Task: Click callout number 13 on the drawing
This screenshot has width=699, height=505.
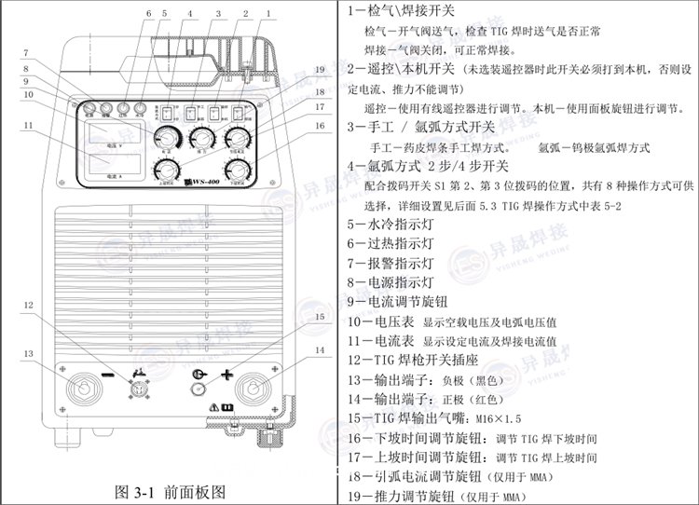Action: [x=29, y=354]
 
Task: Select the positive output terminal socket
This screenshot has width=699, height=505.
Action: [x=252, y=386]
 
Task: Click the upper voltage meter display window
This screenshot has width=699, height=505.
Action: [x=114, y=140]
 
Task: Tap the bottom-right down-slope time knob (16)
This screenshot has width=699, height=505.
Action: [x=241, y=169]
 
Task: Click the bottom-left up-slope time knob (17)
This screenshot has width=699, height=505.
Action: [x=168, y=169]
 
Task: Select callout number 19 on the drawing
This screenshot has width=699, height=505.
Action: [x=319, y=70]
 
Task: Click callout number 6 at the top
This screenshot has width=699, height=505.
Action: [x=147, y=14]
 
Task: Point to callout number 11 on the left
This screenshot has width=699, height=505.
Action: [x=29, y=124]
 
